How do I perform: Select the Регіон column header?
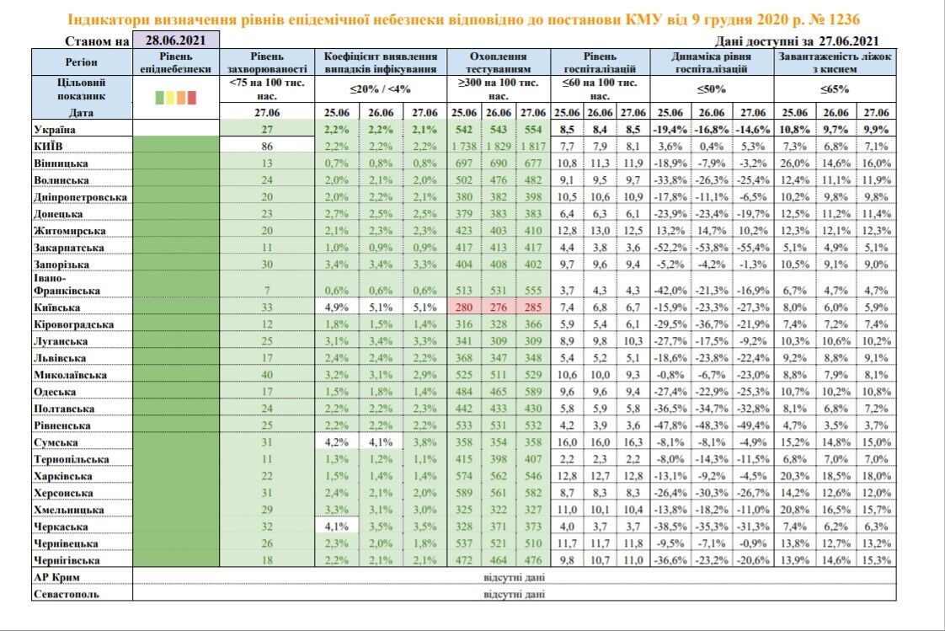pos(81,62)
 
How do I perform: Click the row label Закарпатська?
pos(69,248)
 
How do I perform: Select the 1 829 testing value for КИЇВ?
pos(498,145)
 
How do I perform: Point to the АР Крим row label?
pos(57,577)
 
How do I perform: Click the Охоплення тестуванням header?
pos(499,62)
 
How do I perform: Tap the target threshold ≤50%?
pos(712,88)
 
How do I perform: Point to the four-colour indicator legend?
pos(175,97)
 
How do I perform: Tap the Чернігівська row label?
pos(67,560)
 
